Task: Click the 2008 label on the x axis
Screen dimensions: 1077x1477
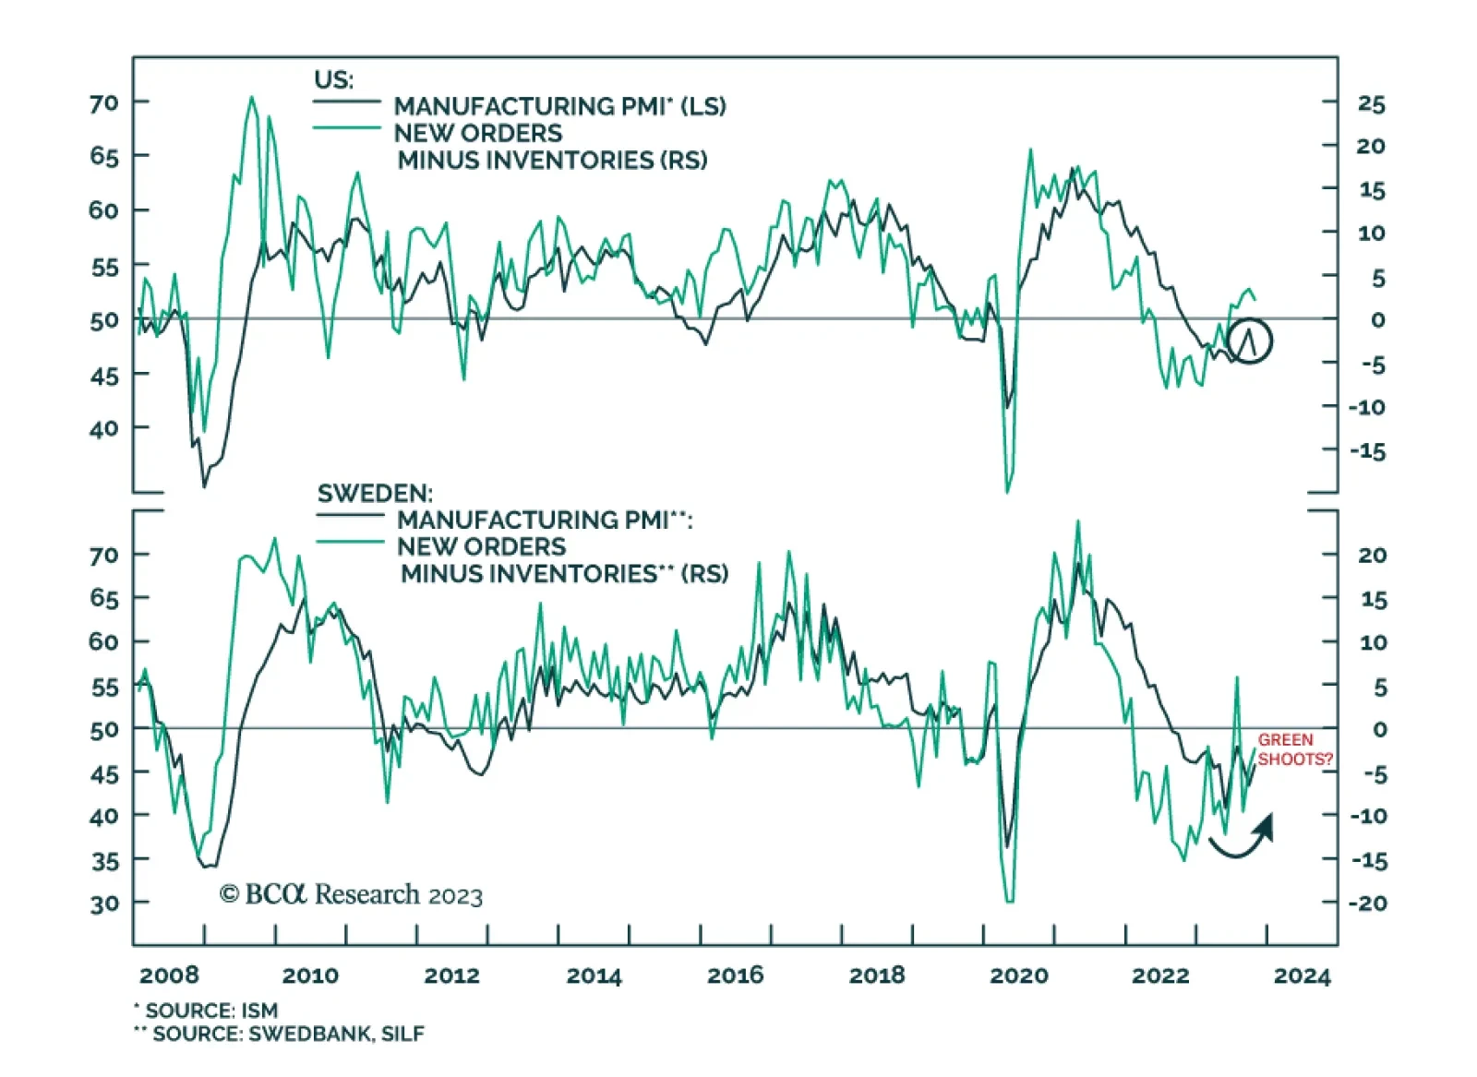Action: tap(169, 975)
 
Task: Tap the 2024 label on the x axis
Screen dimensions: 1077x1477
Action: tap(1302, 975)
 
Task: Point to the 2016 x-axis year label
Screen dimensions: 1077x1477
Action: tap(735, 975)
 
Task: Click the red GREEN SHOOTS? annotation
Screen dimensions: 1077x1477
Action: tap(1294, 749)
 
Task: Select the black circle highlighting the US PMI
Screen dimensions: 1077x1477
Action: tap(1250, 341)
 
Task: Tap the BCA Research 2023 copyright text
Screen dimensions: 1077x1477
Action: tap(351, 894)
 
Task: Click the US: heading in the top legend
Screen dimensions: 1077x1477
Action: tap(333, 79)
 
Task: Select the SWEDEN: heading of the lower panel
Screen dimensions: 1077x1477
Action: tap(375, 493)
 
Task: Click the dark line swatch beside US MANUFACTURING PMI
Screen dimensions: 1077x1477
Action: tap(347, 102)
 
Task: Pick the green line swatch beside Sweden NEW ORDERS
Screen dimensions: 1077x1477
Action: tap(350, 542)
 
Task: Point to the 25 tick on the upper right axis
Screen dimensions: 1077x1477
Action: tap(1371, 104)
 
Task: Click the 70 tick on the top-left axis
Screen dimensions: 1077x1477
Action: tap(104, 102)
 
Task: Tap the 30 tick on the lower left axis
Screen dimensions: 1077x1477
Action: tap(104, 903)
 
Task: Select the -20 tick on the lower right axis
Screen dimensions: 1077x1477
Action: tap(1367, 903)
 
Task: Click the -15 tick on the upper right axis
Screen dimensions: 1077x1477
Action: tap(1367, 451)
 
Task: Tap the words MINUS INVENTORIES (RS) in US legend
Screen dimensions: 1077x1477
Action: tap(552, 161)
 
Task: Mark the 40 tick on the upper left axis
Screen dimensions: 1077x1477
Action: tap(104, 428)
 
